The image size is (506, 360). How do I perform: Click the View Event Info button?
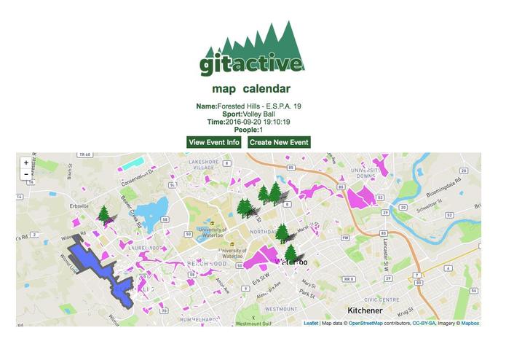pos(213,142)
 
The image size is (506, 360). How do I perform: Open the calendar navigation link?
pos(266,89)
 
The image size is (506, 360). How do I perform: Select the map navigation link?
pos(224,89)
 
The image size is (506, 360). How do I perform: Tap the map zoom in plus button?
pos(26,163)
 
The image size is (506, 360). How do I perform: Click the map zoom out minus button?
pos(26,174)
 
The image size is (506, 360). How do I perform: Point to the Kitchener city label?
pos(371,310)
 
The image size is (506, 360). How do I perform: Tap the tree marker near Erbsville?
pos(104,214)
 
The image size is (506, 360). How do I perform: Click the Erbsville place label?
pos(79,206)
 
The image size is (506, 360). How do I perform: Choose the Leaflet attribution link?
pos(311,323)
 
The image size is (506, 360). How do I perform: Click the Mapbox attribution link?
pos(470,323)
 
